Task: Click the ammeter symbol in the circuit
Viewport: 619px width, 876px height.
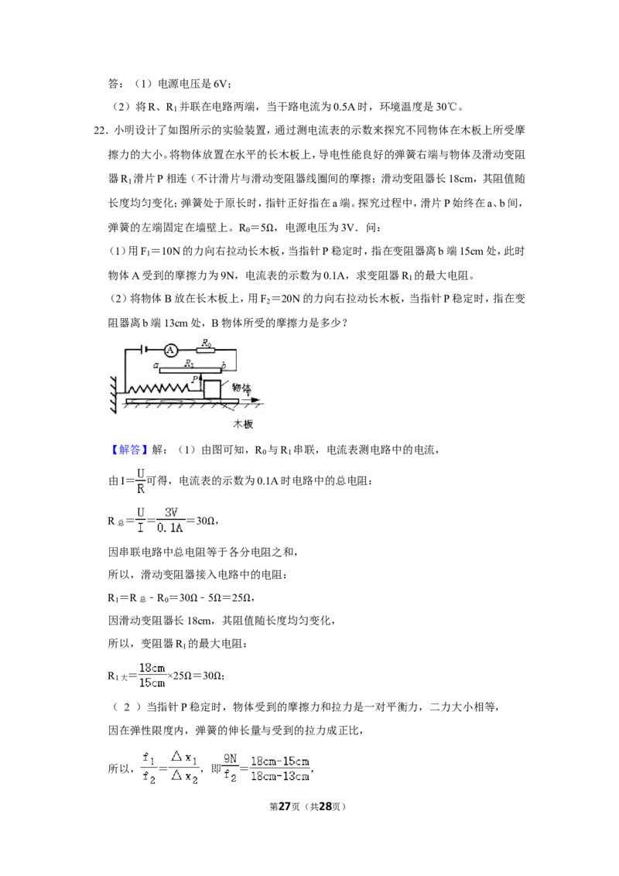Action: pos(171,351)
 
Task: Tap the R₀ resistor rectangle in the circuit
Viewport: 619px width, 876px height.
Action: pos(207,351)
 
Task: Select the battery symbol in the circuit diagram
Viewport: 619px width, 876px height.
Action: pos(145,351)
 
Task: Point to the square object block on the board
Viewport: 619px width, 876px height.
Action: pos(212,389)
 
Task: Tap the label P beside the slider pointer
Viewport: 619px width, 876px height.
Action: pos(194,378)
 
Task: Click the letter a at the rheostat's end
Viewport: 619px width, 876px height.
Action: pos(156,367)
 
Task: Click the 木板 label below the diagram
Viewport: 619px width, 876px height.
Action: pos(244,424)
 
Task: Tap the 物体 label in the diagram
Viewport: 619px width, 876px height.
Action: pos(241,387)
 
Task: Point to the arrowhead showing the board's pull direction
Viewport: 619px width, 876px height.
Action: pos(256,400)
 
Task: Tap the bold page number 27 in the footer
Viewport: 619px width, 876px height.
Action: pos(285,806)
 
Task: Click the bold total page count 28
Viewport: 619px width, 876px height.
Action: pos(325,806)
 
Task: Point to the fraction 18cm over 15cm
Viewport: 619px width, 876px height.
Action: pos(152,675)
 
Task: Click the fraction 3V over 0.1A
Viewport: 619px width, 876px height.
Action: pos(169,520)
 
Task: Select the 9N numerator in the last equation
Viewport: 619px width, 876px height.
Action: pos(230,758)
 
